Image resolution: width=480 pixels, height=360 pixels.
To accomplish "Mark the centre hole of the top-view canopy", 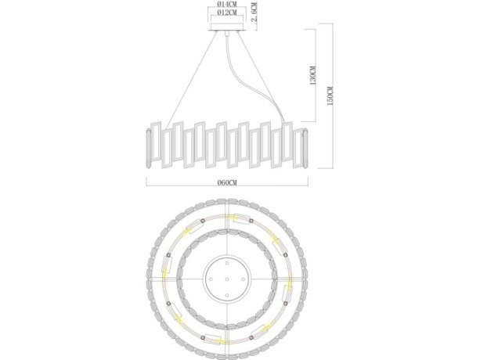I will pyautogui.click(x=225, y=278).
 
